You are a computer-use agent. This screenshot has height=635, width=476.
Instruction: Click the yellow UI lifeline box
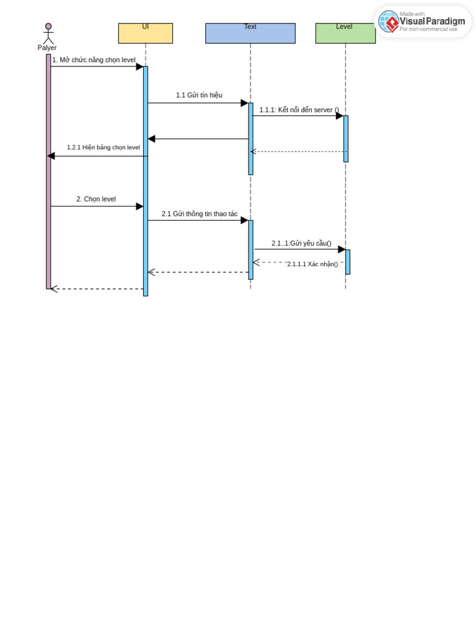tap(145, 33)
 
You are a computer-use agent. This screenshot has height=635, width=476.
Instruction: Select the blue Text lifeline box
tap(250, 33)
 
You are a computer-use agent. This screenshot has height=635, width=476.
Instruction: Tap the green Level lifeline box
tap(345, 33)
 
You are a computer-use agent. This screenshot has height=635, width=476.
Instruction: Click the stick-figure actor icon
tap(48, 33)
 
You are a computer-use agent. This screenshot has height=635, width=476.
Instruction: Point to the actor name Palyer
tap(47, 48)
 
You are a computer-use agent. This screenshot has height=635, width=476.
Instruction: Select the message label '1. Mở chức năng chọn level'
tap(94, 60)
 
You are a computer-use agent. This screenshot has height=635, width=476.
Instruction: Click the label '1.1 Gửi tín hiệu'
tap(199, 95)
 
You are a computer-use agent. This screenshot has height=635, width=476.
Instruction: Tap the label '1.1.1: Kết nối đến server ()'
tap(299, 110)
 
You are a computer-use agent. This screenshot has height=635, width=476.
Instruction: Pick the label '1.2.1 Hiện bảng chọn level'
tap(103, 148)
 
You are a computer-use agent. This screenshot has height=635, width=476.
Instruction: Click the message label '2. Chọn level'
tap(96, 199)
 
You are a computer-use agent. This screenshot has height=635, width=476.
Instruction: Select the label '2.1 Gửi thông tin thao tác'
tap(200, 214)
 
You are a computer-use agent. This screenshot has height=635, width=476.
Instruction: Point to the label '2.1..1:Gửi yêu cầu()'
tap(301, 243)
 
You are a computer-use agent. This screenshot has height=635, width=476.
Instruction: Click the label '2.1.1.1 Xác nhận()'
tap(312, 264)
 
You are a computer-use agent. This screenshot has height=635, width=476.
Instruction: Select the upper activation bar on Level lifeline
tap(346, 138)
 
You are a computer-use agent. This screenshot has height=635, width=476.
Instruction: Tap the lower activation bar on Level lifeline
tap(348, 262)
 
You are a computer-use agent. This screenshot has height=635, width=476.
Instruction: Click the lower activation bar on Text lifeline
tap(250, 249)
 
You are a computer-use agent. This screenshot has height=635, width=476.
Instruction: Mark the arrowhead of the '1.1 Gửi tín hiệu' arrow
tap(245, 103)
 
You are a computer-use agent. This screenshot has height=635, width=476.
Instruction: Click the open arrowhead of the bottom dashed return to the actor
tap(54, 289)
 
